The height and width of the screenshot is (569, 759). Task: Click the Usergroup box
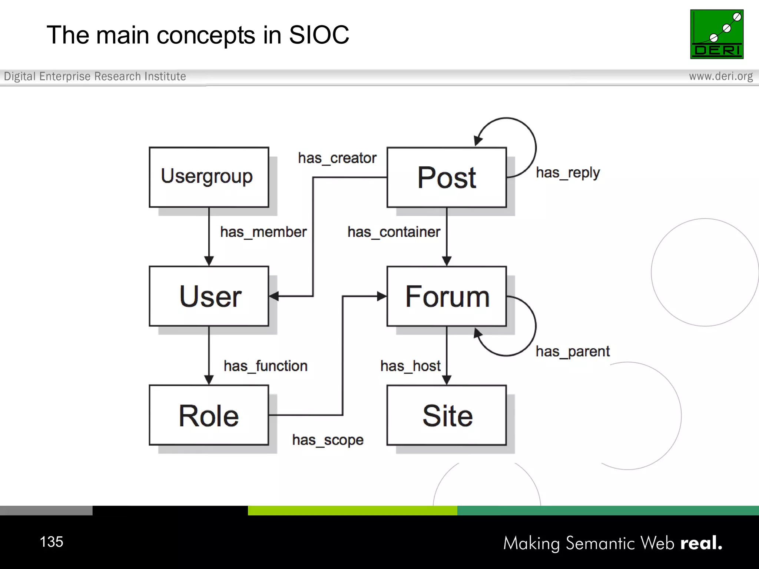(209, 177)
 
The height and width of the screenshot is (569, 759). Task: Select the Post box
(446, 177)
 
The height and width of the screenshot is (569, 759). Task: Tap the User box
(209, 296)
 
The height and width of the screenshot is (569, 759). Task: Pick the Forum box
(446, 296)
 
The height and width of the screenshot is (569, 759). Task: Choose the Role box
(209, 415)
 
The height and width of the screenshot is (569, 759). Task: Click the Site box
(446, 415)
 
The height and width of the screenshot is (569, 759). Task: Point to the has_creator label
(337, 158)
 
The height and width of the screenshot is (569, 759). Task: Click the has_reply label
(567, 173)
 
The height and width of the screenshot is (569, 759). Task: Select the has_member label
(263, 232)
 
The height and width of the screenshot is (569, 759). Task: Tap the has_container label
(394, 232)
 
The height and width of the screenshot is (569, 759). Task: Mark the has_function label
(265, 366)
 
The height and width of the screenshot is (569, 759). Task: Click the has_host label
(410, 366)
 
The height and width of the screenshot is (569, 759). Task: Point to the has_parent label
(572, 351)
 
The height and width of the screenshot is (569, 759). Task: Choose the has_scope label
(328, 440)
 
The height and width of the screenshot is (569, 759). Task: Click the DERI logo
(716, 34)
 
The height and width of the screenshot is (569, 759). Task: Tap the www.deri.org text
(720, 76)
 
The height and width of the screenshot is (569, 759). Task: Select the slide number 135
(52, 542)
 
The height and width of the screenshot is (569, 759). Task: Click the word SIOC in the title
(319, 35)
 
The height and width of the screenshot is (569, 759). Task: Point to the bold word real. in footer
(701, 543)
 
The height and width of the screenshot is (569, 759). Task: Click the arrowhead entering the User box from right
(274, 296)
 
